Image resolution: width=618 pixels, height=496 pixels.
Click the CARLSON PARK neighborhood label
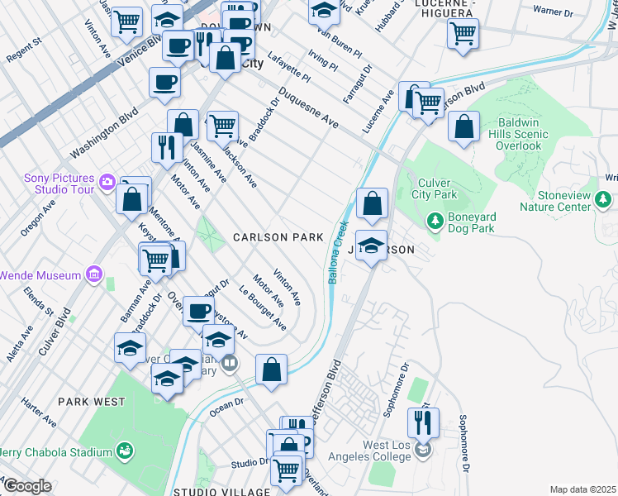(278, 237)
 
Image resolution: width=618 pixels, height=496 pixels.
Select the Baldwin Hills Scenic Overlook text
(530, 133)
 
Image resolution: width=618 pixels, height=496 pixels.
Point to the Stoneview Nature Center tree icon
(604, 199)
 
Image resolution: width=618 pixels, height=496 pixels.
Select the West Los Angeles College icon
(423, 450)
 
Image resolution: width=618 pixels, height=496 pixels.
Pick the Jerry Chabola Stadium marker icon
(124, 451)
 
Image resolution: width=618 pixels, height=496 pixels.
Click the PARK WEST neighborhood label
(91, 402)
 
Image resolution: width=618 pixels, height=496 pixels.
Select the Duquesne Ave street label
(307, 108)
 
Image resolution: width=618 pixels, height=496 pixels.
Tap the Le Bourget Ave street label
(262, 308)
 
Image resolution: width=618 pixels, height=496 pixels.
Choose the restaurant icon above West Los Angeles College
(423, 423)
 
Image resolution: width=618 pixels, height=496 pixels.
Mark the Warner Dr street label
(553, 12)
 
